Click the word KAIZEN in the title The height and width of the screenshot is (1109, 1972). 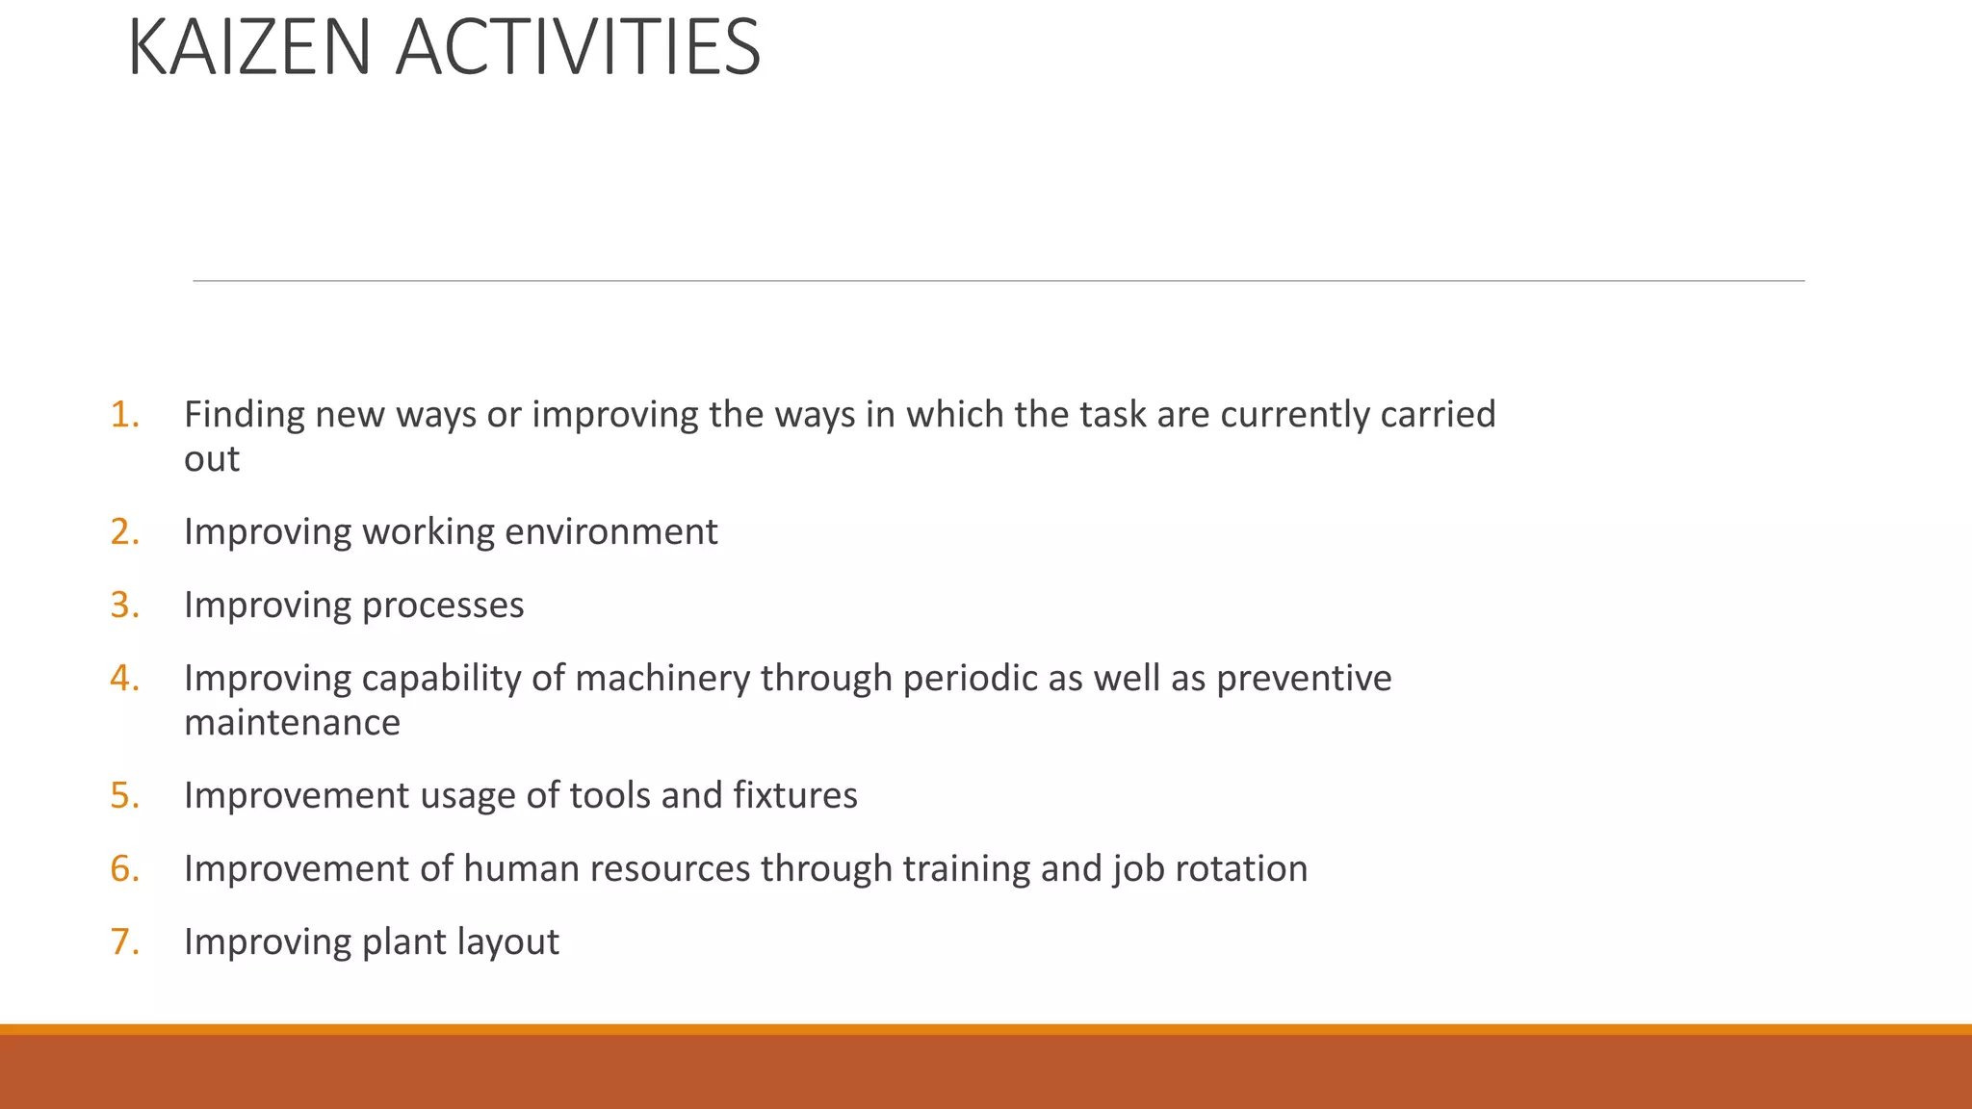pos(248,48)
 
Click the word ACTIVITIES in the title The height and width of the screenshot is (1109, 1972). pos(578,48)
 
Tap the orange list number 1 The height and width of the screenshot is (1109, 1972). pos(124,415)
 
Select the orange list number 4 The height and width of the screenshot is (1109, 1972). pos(124,679)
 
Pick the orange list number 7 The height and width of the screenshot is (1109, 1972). pos(124,942)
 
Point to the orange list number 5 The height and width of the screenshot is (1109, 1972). pos(124,796)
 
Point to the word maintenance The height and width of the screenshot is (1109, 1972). pos(292,723)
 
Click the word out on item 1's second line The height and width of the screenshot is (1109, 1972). pos(211,460)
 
